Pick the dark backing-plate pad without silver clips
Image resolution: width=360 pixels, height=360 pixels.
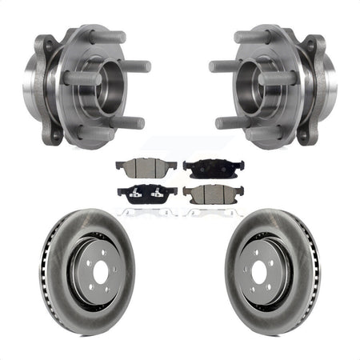click(x=204, y=167)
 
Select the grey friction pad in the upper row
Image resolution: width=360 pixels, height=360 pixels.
click(x=138, y=167)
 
